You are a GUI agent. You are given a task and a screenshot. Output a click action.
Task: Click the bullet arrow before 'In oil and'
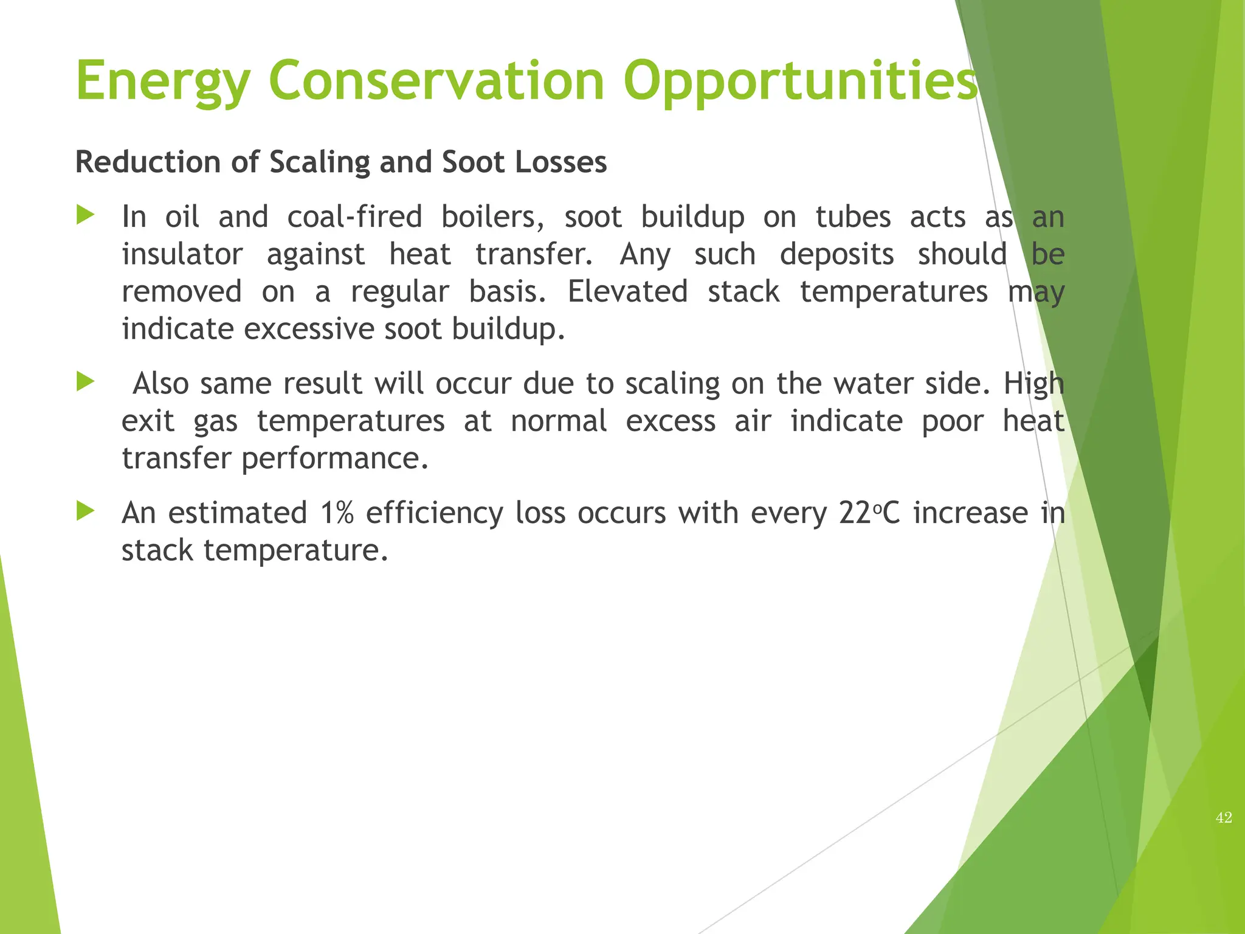pos(86,215)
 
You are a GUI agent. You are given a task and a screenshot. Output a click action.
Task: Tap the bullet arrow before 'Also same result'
pos(86,382)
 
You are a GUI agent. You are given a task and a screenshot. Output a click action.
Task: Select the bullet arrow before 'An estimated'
pos(86,511)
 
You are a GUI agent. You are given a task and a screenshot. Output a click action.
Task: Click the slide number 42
pos(1224,818)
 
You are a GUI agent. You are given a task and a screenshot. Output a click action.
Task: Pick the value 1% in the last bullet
pos(337,513)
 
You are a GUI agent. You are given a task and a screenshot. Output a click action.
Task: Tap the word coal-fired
pos(354,217)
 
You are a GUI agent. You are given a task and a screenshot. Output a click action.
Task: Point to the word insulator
pos(182,255)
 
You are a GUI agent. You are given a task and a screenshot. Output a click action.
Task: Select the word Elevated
pos(627,292)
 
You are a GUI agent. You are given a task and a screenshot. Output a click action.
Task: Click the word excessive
pos(309,330)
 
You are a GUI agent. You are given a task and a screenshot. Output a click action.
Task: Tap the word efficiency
pos(434,513)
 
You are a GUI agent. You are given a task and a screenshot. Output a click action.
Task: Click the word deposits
pos(836,255)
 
